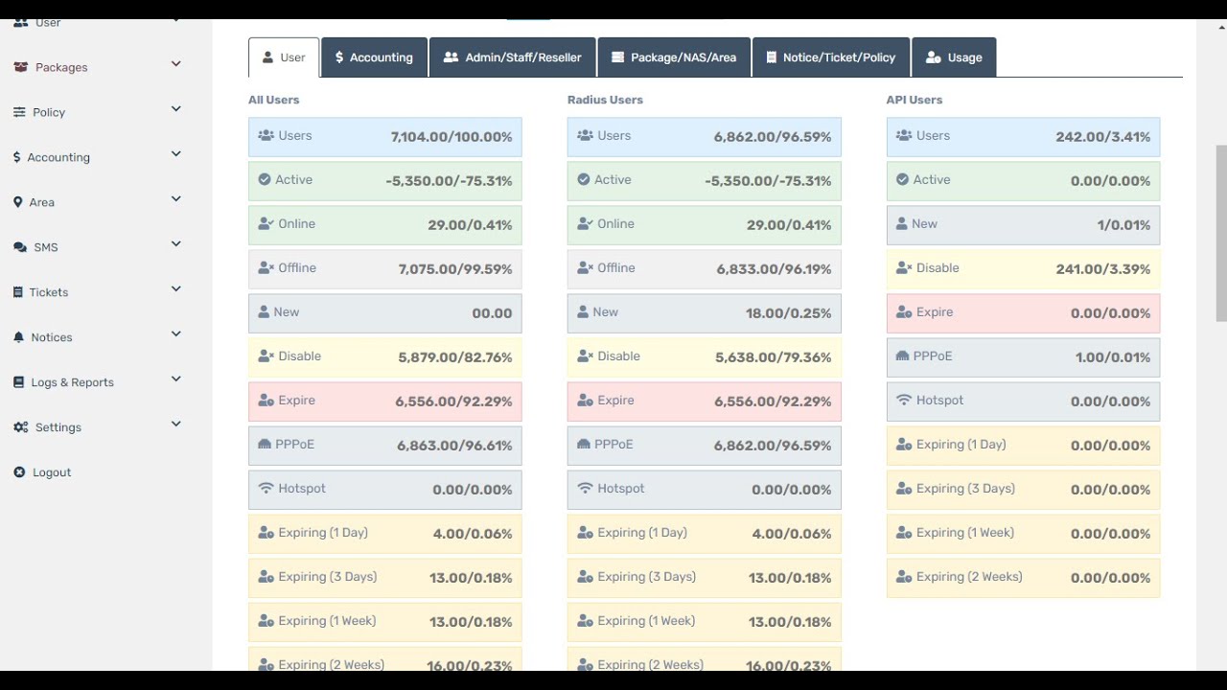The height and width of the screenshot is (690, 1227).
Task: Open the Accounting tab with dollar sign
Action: click(374, 57)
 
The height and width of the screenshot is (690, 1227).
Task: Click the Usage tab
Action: click(954, 57)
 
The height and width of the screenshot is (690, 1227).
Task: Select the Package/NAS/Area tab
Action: click(674, 57)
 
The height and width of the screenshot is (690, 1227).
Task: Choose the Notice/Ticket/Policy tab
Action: click(831, 57)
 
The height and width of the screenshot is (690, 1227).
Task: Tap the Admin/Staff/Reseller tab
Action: click(513, 57)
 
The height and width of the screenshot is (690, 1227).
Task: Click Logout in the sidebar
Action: click(52, 472)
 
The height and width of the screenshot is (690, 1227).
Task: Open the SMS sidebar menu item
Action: click(46, 247)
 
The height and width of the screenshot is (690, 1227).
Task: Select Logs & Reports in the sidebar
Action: click(72, 382)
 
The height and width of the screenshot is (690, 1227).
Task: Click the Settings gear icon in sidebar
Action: click(20, 427)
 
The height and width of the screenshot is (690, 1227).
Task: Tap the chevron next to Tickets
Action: click(176, 289)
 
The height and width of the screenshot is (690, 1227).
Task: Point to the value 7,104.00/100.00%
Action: click(451, 137)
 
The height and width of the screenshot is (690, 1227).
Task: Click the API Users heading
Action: click(914, 100)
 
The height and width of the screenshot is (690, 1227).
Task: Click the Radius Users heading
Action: click(605, 100)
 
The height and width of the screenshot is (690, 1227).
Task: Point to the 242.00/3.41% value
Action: click(1102, 137)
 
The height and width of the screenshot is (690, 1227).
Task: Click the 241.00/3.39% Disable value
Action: click(1102, 269)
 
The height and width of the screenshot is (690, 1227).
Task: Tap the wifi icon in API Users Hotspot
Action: click(903, 401)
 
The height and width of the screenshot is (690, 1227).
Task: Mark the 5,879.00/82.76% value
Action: click(454, 357)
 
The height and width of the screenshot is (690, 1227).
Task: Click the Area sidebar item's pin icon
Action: click(18, 202)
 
